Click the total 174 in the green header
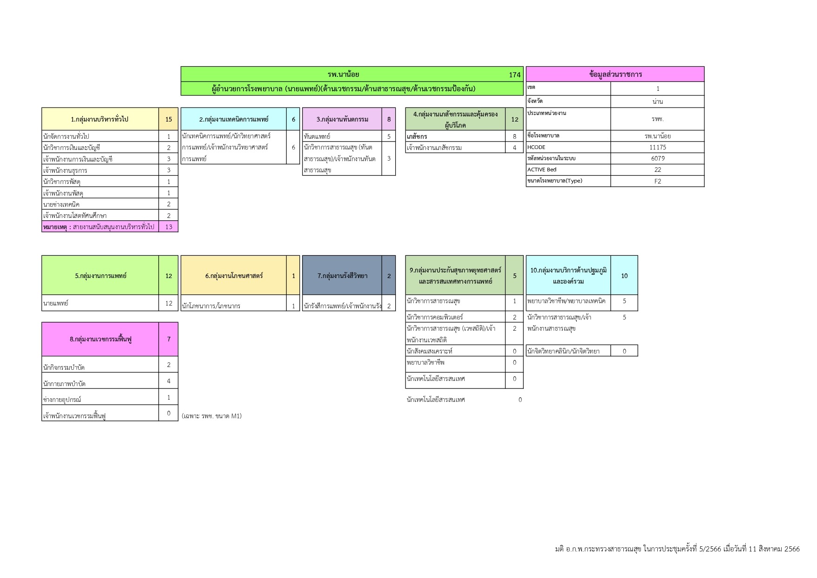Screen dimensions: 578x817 (x=514, y=75)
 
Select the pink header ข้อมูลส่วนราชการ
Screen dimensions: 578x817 (x=615, y=75)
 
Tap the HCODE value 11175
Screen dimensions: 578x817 (x=657, y=147)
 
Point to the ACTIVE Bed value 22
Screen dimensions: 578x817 (x=657, y=170)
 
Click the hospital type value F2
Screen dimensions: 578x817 (x=657, y=181)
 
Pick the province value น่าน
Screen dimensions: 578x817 (x=657, y=102)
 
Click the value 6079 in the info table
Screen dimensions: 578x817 (x=657, y=158)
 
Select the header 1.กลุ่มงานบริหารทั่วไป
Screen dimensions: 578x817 (x=100, y=119)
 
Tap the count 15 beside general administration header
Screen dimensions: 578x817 (x=169, y=119)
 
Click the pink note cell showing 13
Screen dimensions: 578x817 (x=169, y=227)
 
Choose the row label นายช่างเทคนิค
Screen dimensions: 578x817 (x=61, y=204)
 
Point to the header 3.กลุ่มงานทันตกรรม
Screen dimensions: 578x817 (x=342, y=119)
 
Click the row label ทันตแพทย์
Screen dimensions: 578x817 (x=317, y=136)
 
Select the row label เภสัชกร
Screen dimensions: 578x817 (x=417, y=136)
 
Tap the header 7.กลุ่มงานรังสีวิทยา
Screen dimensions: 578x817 (x=342, y=276)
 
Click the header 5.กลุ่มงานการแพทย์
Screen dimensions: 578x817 (x=101, y=276)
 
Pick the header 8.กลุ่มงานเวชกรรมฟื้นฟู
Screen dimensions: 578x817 (x=101, y=339)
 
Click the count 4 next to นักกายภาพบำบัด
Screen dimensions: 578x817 (x=169, y=381)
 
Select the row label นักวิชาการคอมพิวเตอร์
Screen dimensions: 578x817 (x=435, y=317)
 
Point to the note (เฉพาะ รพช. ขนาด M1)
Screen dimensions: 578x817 (x=212, y=416)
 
